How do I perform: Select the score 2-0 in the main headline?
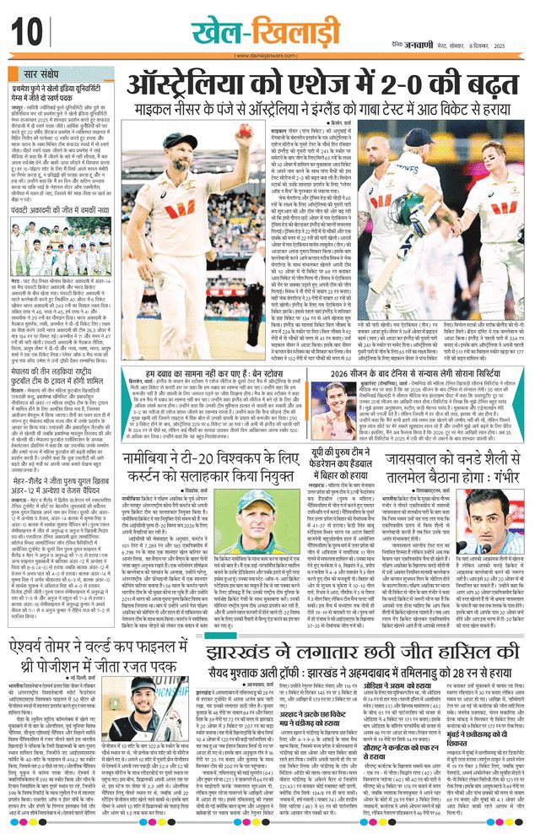(x=415, y=87)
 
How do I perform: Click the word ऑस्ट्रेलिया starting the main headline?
(x=176, y=87)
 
